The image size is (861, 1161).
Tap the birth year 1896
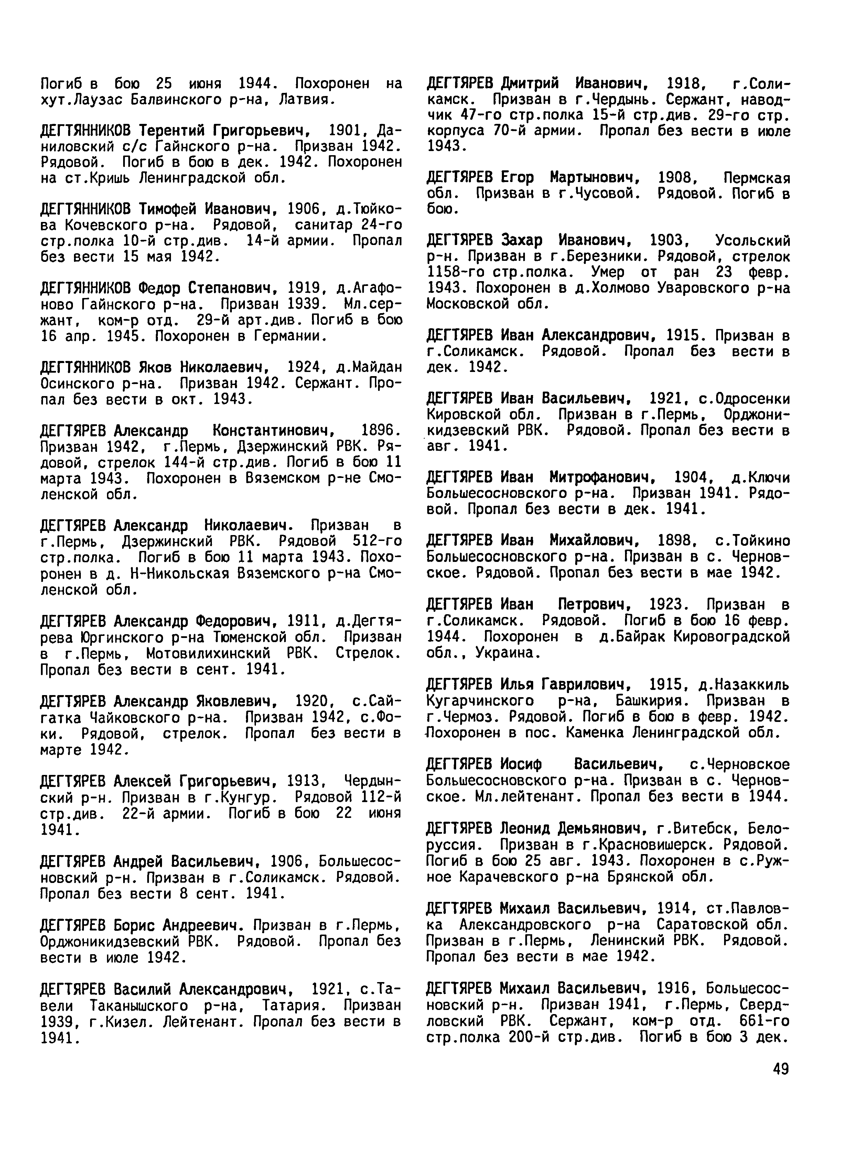pos(380,430)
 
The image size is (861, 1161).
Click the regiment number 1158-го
pos(452,272)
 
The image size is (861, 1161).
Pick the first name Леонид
pos(525,828)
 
